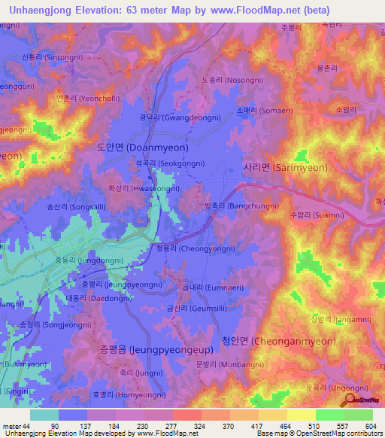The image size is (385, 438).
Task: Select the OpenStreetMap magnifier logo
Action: (x=347, y=400)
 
